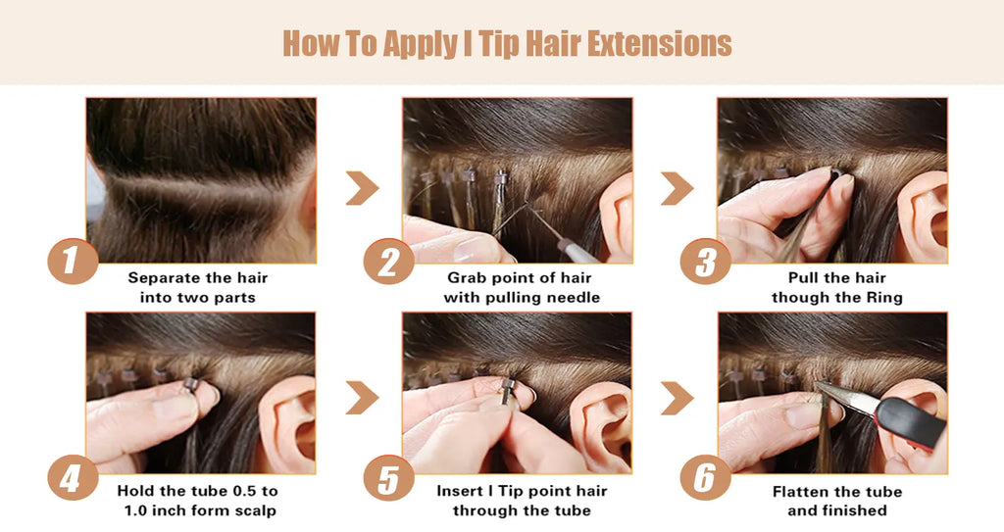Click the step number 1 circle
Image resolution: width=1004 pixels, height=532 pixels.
tap(73, 262)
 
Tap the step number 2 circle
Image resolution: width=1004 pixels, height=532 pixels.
tap(388, 262)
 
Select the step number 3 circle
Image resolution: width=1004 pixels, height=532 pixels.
tap(705, 262)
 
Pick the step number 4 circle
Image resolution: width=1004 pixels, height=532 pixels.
tap(73, 477)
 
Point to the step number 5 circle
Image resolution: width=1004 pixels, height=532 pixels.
tap(388, 477)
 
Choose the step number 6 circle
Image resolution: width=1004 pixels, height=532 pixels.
tap(705, 477)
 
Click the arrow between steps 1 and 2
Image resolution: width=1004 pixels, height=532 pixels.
tap(363, 188)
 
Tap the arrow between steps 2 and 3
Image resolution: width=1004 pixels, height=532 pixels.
tap(678, 188)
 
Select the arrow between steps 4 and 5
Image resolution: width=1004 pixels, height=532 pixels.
tap(363, 398)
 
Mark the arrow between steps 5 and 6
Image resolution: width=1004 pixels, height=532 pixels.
tap(678, 398)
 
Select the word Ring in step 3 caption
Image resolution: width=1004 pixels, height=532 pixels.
tap(884, 298)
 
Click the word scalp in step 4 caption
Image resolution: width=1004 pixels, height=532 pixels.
tap(254, 510)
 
